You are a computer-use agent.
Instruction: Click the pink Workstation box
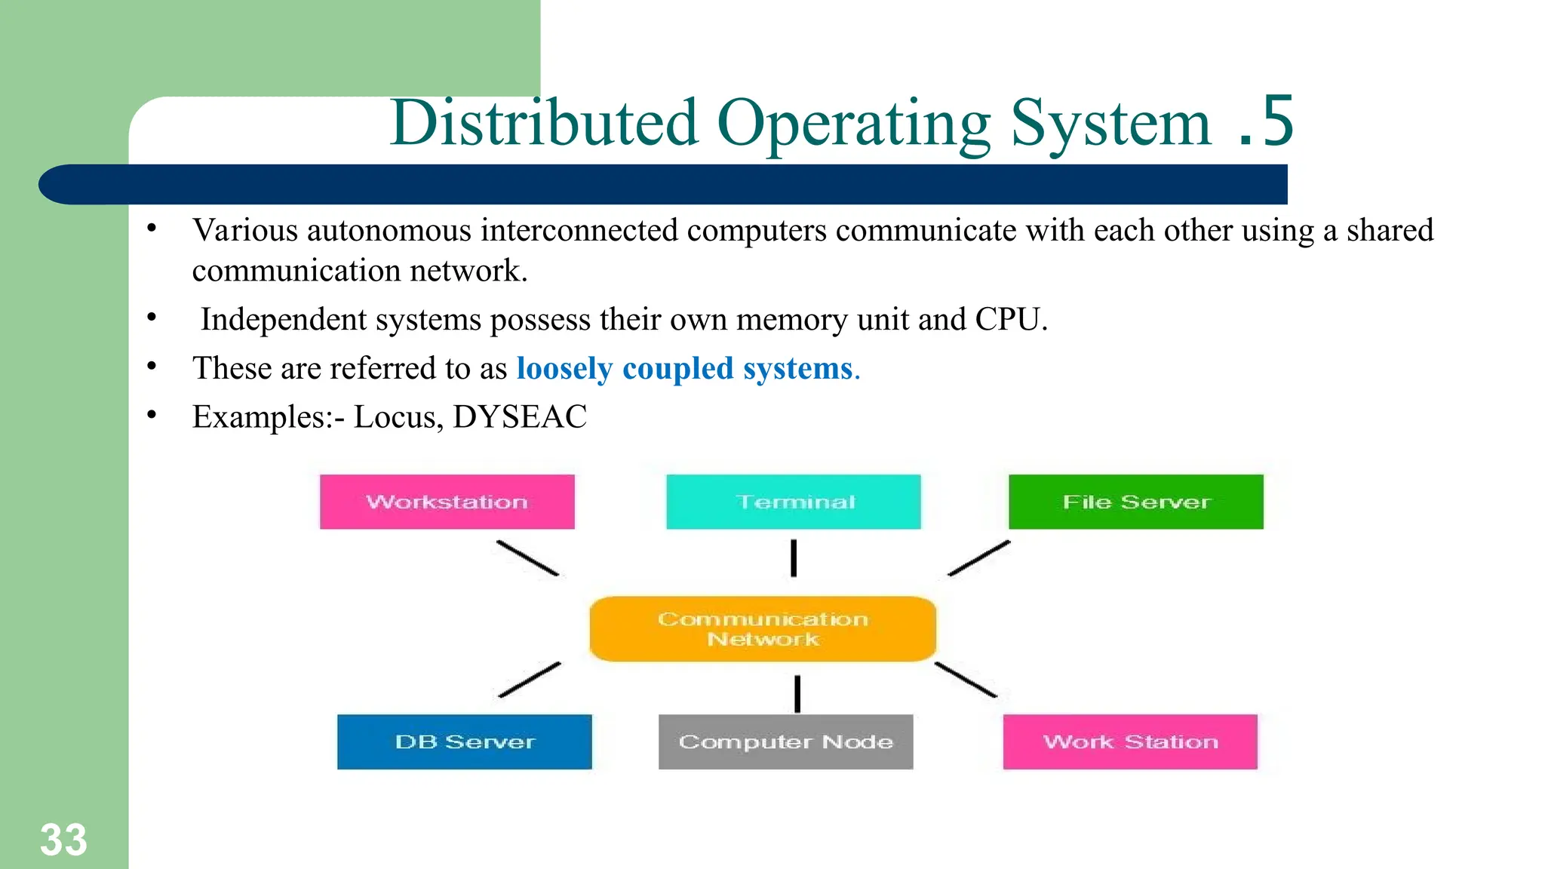[447, 502]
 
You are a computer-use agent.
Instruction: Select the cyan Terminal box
[793, 502]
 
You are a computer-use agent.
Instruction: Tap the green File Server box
[1135, 502]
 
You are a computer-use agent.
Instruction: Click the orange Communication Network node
[763, 629]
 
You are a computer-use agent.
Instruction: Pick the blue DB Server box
[464, 742]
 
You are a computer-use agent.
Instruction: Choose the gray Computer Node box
[785, 742]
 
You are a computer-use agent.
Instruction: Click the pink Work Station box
[1130, 742]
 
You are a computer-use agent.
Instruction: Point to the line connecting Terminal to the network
[794, 558]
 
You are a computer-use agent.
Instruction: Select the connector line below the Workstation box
[527, 558]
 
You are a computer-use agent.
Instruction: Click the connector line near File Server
[978, 558]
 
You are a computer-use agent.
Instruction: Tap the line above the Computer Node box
[797, 693]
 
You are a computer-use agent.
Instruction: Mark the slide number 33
[63, 840]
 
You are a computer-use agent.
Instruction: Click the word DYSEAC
[520, 416]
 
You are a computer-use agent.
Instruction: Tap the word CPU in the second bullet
[1007, 319]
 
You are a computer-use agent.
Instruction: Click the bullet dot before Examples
[152, 414]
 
